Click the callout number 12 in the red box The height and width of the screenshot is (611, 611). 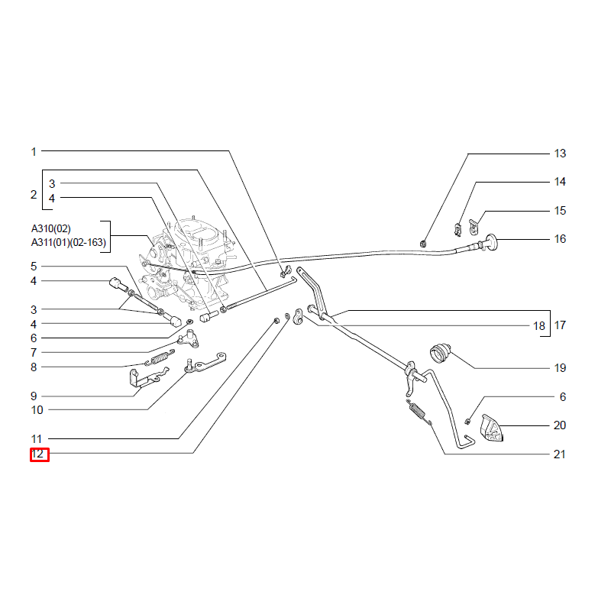(x=37, y=454)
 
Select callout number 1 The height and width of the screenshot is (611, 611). (x=34, y=151)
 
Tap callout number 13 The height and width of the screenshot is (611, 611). (x=560, y=154)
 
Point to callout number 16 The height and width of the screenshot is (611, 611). (x=560, y=239)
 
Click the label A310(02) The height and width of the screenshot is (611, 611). (x=51, y=228)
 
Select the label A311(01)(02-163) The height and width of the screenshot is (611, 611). (x=69, y=242)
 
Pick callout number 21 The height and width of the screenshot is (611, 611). (x=560, y=454)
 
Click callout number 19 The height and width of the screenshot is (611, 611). (x=560, y=368)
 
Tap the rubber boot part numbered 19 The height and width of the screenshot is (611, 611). (x=441, y=352)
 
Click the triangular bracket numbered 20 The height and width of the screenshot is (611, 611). (x=490, y=428)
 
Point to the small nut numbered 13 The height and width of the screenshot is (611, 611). (x=422, y=244)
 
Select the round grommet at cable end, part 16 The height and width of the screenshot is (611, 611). (x=492, y=242)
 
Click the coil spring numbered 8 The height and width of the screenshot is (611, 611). (x=160, y=357)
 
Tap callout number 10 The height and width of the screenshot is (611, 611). (x=37, y=410)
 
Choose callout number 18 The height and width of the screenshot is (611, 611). (x=539, y=326)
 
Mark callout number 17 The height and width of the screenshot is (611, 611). (x=560, y=325)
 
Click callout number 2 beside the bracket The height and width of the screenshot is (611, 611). (x=34, y=195)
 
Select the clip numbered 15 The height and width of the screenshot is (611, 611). (x=473, y=227)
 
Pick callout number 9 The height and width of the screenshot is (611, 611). (x=34, y=396)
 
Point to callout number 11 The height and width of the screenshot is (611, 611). (x=37, y=439)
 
